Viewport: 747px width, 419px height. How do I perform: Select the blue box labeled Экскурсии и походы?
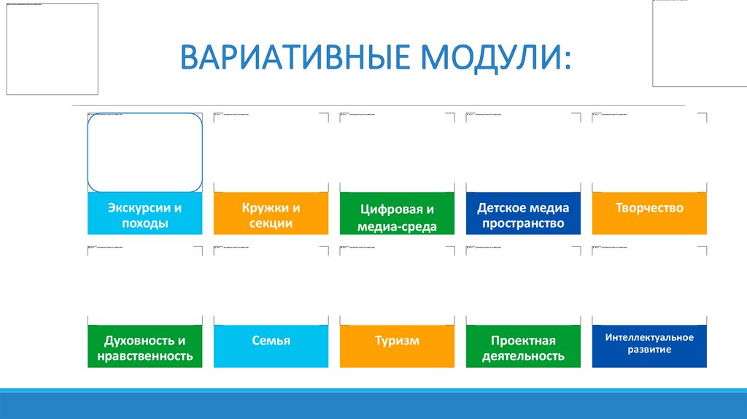point(144,215)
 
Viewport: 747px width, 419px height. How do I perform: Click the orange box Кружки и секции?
point(271,215)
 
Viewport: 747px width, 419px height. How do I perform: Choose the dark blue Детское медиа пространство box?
point(523,215)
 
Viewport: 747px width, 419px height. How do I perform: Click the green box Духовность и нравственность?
point(144,348)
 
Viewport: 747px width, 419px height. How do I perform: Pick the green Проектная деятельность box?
point(523,348)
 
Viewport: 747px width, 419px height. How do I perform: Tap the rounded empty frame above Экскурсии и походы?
point(144,153)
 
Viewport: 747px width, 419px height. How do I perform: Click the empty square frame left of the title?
point(52,48)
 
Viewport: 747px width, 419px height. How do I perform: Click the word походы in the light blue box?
point(144,223)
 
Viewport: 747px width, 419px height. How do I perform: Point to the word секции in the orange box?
point(271,223)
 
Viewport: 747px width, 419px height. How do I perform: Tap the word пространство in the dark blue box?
point(523,223)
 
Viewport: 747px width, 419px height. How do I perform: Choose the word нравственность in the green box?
point(144,356)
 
